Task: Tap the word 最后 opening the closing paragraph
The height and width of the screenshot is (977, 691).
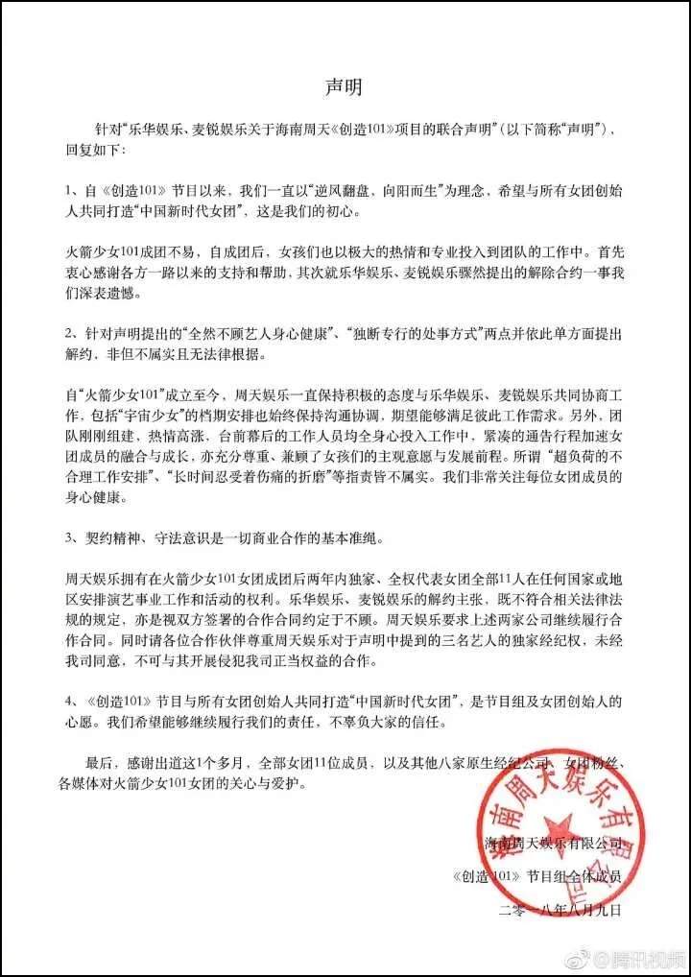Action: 100,765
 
